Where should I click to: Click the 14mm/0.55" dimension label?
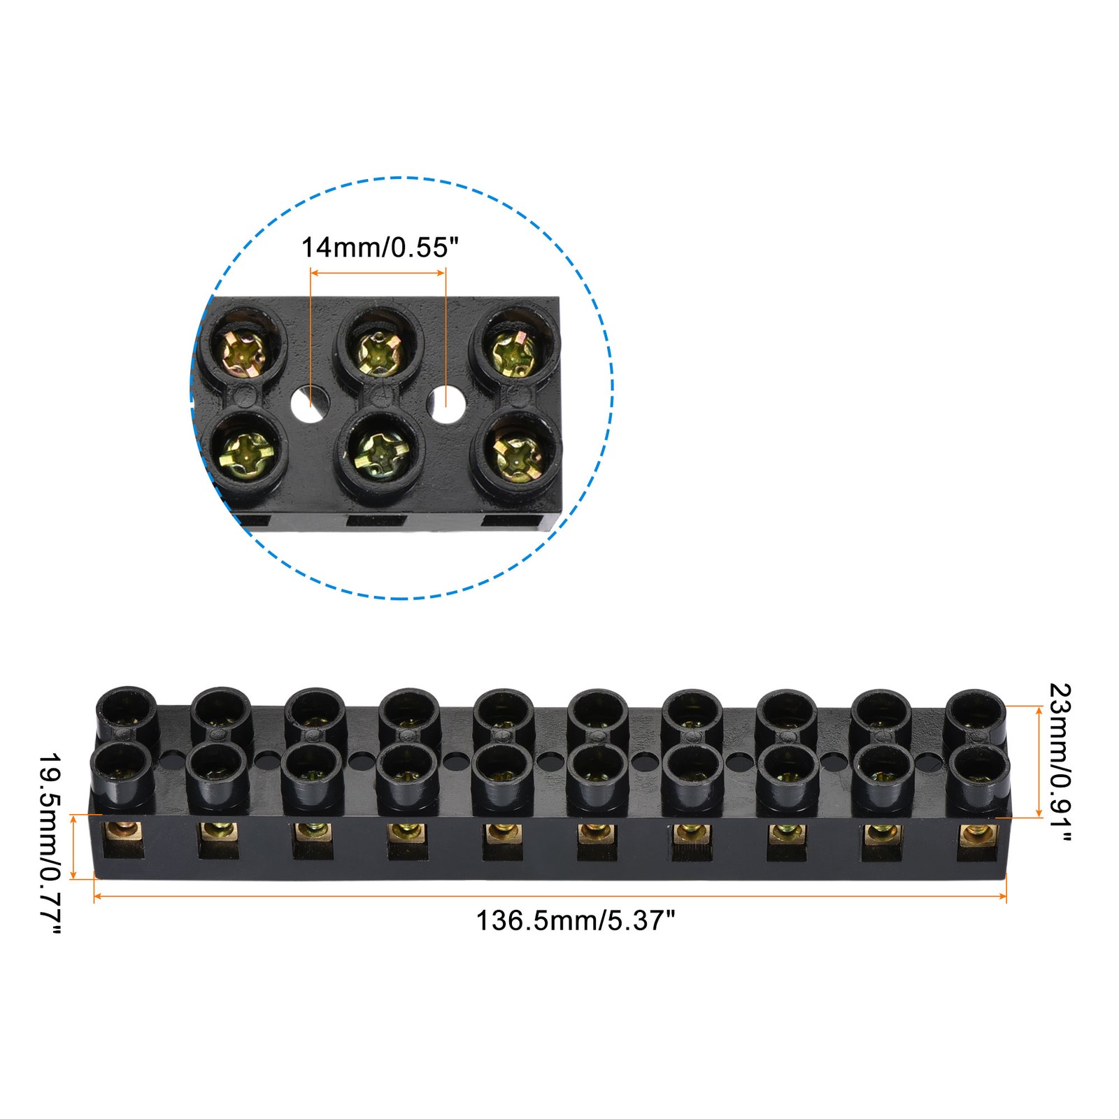380,247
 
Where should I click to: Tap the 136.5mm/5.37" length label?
576,920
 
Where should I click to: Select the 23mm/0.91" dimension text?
1060,764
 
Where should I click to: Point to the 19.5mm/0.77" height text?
50,843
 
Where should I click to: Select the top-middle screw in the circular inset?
378,352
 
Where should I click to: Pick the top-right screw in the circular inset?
515,352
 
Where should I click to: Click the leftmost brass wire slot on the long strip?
124,840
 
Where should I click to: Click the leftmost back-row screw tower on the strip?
126,713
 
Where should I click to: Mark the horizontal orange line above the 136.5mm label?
550,896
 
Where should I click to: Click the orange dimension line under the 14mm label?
378,273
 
